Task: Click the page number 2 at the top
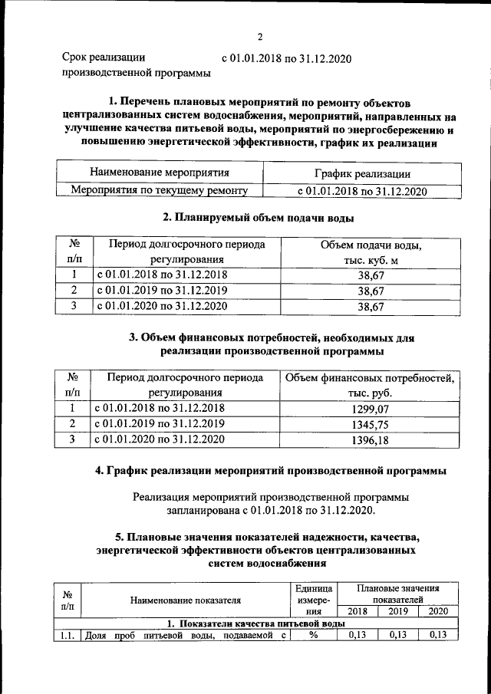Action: coord(260,36)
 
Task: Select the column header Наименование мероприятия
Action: coord(159,173)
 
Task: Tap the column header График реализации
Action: coord(361,174)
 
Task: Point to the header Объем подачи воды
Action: coord(370,245)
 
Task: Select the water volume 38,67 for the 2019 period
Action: coord(370,291)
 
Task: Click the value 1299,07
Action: coord(370,408)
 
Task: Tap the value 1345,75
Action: coord(370,424)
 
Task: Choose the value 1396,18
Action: coord(370,440)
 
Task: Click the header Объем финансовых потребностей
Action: coord(370,377)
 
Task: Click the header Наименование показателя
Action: coord(185,600)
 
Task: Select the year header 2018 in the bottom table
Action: coord(357,611)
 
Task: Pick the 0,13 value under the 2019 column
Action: coord(397,635)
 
